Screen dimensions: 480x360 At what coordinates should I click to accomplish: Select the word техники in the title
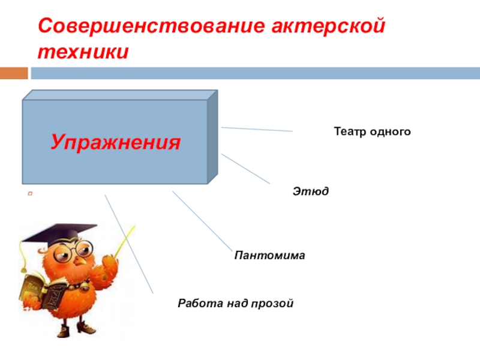(x=83, y=52)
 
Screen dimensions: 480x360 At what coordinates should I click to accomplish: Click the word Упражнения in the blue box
(x=116, y=143)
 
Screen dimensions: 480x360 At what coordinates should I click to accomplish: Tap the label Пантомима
(x=269, y=256)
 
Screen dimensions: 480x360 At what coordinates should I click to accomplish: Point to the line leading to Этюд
(x=246, y=169)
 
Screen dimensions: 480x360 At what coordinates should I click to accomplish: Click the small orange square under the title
(x=14, y=73)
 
